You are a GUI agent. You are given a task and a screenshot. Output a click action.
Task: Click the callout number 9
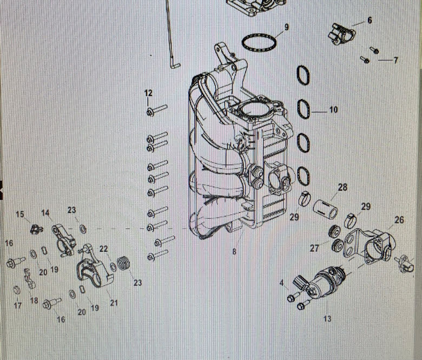pos(286,27)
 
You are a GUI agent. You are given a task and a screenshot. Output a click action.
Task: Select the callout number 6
pos(370,20)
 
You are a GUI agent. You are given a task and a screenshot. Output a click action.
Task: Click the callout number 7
pos(395,60)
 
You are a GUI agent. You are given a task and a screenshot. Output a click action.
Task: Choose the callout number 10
pos(333,110)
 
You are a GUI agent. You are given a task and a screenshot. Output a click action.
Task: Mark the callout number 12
pos(148,94)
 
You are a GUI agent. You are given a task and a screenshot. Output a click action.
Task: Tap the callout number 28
pos(342,187)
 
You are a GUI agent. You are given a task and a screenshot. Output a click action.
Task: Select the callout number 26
pos(399,220)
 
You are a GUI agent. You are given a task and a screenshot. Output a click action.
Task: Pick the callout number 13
pos(327,319)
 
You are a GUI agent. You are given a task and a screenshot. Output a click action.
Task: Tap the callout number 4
pos(281,282)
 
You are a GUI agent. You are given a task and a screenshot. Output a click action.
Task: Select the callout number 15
pos(20,215)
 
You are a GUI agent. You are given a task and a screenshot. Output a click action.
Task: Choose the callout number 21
pos(114,303)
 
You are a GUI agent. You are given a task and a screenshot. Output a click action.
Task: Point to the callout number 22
pos(104,248)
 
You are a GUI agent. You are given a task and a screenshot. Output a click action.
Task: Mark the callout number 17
pos(18,306)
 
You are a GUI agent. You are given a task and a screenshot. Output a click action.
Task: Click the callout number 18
pos(34,300)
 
